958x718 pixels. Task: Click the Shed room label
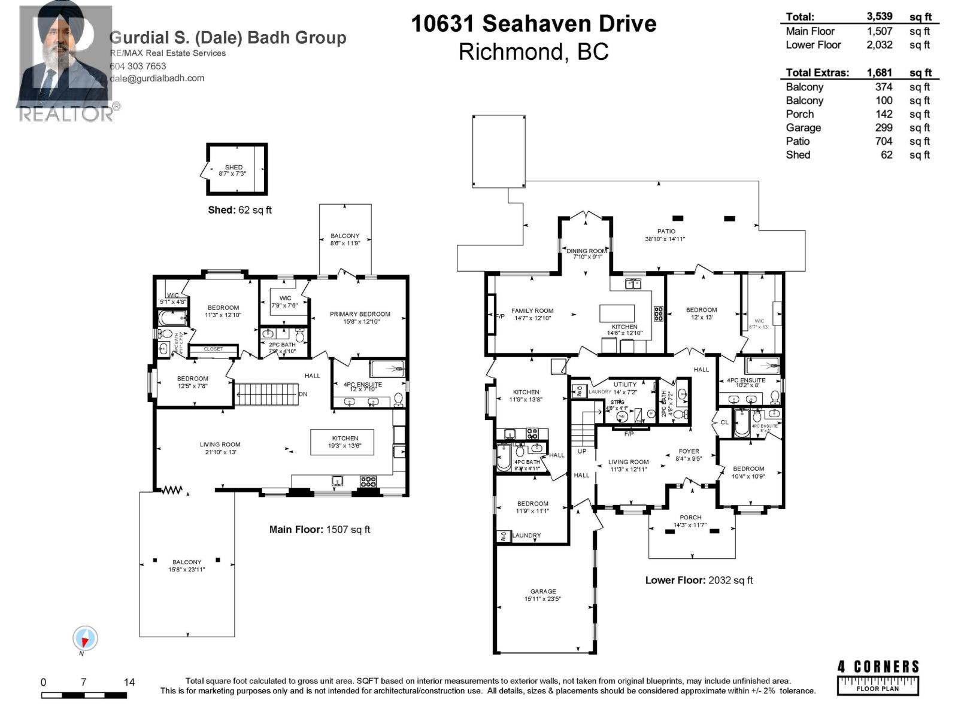pyautogui.click(x=234, y=168)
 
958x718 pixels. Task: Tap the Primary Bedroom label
pyautogui.click(x=360, y=314)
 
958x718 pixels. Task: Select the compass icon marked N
pyautogui.click(x=85, y=638)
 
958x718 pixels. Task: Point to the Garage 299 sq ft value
pyautogui.click(x=884, y=127)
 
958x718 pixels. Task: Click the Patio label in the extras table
pyautogui.click(x=798, y=141)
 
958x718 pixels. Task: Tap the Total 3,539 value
pyautogui.click(x=880, y=17)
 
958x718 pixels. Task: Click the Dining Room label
pyautogui.click(x=587, y=251)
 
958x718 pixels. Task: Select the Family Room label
pyautogui.click(x=532, y=311)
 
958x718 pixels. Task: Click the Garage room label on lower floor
pyautogui.click(x=543, y=591)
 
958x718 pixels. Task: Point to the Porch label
pyautogui.click(x=690, y=518)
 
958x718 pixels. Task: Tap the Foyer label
pyautogui.click(x=689, y=452)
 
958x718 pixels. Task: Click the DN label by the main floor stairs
pyautogui.click(x=303, y=394)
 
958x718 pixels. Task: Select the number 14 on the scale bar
pyautogui.click(x=129, y=682)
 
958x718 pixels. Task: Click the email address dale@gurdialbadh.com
pyautogui.click(x=157, y=78)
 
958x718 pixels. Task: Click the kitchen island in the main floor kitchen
pyautogui.click(x=342, y=442)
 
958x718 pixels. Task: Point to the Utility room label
pyautogui.click(x=625, y=385)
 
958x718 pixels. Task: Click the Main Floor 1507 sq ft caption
pyautogui.click(x=320, y=530)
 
